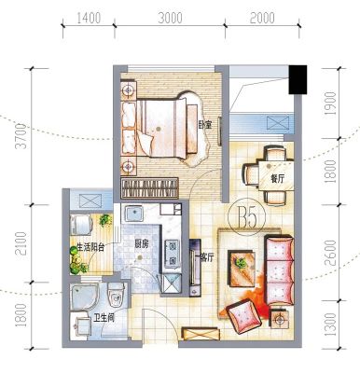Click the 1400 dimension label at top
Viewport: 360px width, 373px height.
89,19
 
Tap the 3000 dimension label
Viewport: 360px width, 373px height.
170,18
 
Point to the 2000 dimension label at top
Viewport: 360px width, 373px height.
262,18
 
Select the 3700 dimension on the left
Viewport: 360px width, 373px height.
22,136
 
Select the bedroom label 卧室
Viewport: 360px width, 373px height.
205,125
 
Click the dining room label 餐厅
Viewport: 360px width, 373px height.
277,179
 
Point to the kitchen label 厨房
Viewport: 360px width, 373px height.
142,244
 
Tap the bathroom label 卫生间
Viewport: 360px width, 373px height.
104,318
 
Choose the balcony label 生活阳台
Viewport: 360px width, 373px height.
90,247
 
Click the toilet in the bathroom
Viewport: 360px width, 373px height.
116,295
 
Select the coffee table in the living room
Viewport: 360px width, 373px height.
242,269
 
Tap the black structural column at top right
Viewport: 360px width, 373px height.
298,79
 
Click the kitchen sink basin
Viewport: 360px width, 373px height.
134,214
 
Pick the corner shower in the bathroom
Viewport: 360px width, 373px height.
84,297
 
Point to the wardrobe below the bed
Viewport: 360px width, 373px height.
150,188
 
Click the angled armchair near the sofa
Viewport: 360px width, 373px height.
243,316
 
